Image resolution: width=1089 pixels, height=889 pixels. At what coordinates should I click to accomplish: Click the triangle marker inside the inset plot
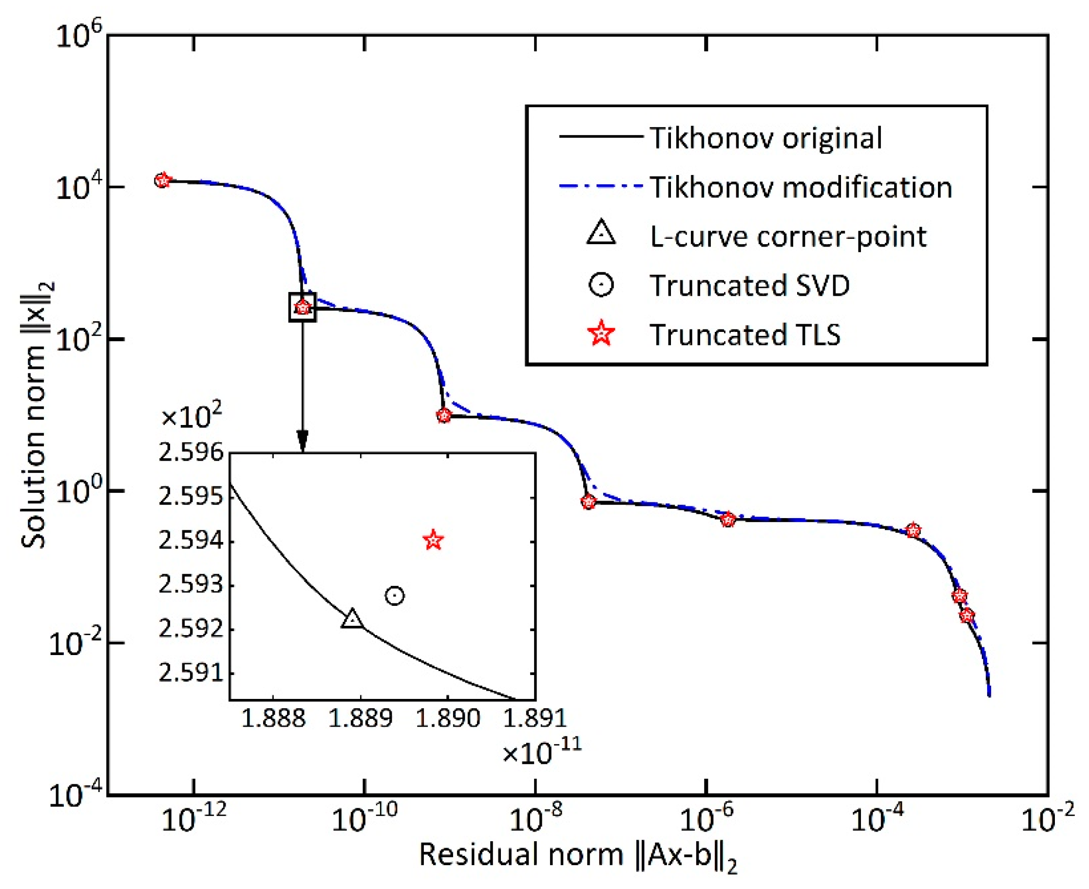(352, 619)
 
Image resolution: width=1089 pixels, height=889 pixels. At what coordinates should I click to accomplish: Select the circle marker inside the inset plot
(394, 596)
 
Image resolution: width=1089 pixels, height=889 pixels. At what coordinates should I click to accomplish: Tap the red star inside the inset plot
(434, 540)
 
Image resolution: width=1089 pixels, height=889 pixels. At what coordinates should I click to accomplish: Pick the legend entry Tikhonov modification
(801, 187)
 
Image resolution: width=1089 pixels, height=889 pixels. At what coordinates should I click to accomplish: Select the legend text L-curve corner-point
(788, 236)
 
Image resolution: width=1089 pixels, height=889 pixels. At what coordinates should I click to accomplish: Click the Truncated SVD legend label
(749, 285)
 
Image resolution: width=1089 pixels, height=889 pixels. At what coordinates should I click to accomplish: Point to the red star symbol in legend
(601, 334)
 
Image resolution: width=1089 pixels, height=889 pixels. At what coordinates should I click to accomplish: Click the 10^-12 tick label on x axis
(193, 820)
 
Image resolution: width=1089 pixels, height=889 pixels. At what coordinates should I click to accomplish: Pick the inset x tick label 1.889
(360, 718)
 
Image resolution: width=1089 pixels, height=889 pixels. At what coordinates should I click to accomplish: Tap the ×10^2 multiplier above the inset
(191, 417)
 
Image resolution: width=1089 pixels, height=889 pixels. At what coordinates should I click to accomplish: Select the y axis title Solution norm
(37, 415)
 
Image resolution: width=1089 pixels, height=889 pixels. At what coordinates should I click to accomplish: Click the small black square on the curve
(303, 307)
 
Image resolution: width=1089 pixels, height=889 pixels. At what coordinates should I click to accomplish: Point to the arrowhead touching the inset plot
(303, 442)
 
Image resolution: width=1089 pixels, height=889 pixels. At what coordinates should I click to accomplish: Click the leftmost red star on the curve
(162, 180)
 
